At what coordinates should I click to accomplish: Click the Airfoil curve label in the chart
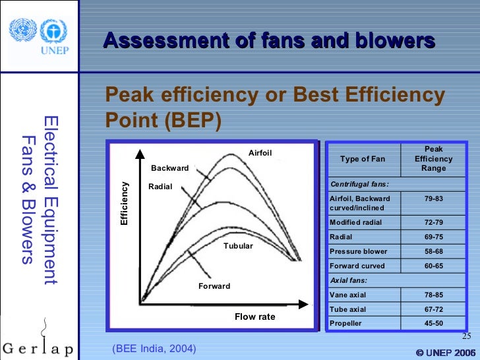[x=260, y=154]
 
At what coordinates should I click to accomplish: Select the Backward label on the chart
[x=169, y=168]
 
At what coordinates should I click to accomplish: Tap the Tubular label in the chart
[x=238, y=246]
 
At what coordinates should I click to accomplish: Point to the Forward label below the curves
[x=214, y=286]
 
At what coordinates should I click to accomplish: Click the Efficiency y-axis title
[x=124, y=203]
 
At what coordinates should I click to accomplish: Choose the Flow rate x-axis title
[x=255, y=317]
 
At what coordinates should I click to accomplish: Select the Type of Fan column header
[x=363, y=159]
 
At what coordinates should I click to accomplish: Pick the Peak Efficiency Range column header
[x=433, y=159]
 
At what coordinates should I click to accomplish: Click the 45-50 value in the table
[x=433, y=324]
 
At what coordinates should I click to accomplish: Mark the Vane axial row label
[x=348, y=295]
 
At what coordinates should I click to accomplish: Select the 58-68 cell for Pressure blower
[x=433, y=251]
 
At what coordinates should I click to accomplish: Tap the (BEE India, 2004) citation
[x=154, y=348]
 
